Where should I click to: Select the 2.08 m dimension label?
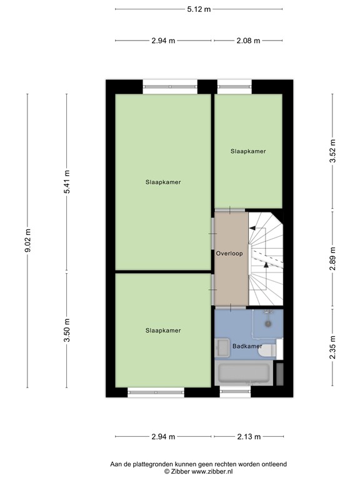click(x=247, y=41)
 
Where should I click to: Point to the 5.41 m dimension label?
click(x=67, y=182)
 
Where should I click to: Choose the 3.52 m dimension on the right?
click(x=332, y=151)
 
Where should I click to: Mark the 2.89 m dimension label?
click(x=332, y=258)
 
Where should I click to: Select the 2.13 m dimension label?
click(x=248, y=437)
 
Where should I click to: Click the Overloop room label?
click(x=229, y=254)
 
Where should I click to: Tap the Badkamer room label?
click(x=247, y=346)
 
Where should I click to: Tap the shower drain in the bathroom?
click(x=267, y=324)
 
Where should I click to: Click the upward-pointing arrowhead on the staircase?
click(x=267, y=264)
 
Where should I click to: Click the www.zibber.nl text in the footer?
click(x=207, y=472)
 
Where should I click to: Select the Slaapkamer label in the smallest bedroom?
click(x=247, y=151)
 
